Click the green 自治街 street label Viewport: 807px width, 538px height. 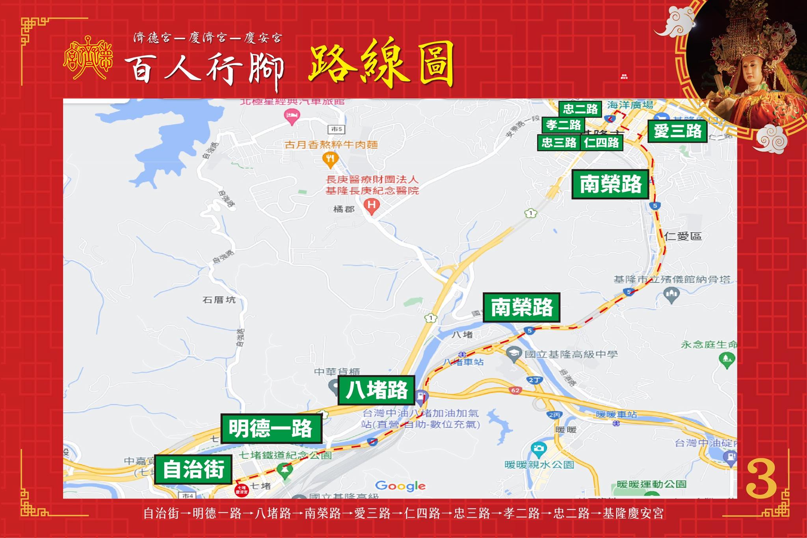click(x=193, y=469)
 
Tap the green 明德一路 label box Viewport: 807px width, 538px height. click(x=271, y=429)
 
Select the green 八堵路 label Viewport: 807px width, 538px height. click(x=376, y=390)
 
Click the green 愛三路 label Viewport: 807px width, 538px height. click(x=677, y=131)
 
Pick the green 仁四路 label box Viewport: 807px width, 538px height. click(x=601, y=143)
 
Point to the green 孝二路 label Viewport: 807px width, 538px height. click(x=563, y=125)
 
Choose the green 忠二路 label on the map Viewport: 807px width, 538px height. click(x=580, y=109)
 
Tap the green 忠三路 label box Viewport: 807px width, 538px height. click(x=559, y=143)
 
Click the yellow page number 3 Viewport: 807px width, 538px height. click(x=761, y=479)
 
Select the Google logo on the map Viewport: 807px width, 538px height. click(x=400, y=486)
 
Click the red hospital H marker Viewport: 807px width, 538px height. click(x=372, y=205)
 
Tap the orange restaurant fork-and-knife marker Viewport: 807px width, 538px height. click(x=330, y=159)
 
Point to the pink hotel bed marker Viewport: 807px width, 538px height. click(x=292, y=116)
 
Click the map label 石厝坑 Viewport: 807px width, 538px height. click(x=219, y=300)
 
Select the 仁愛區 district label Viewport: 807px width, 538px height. click(x=683, y=236)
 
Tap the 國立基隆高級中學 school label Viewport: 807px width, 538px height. click(x=571, y=354)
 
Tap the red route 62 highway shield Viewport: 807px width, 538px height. click(x=515, y=390)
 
